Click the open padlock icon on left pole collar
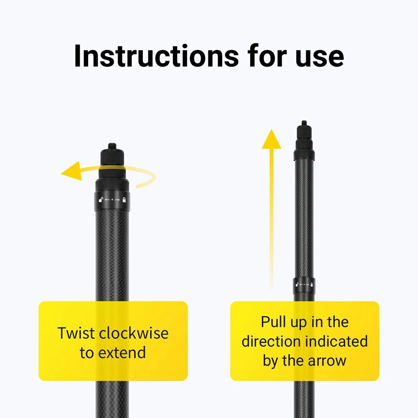101,200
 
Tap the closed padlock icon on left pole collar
124,200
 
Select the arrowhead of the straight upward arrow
271,139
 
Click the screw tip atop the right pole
304,123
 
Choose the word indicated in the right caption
336,341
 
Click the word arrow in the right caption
327,360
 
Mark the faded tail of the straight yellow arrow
271,267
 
